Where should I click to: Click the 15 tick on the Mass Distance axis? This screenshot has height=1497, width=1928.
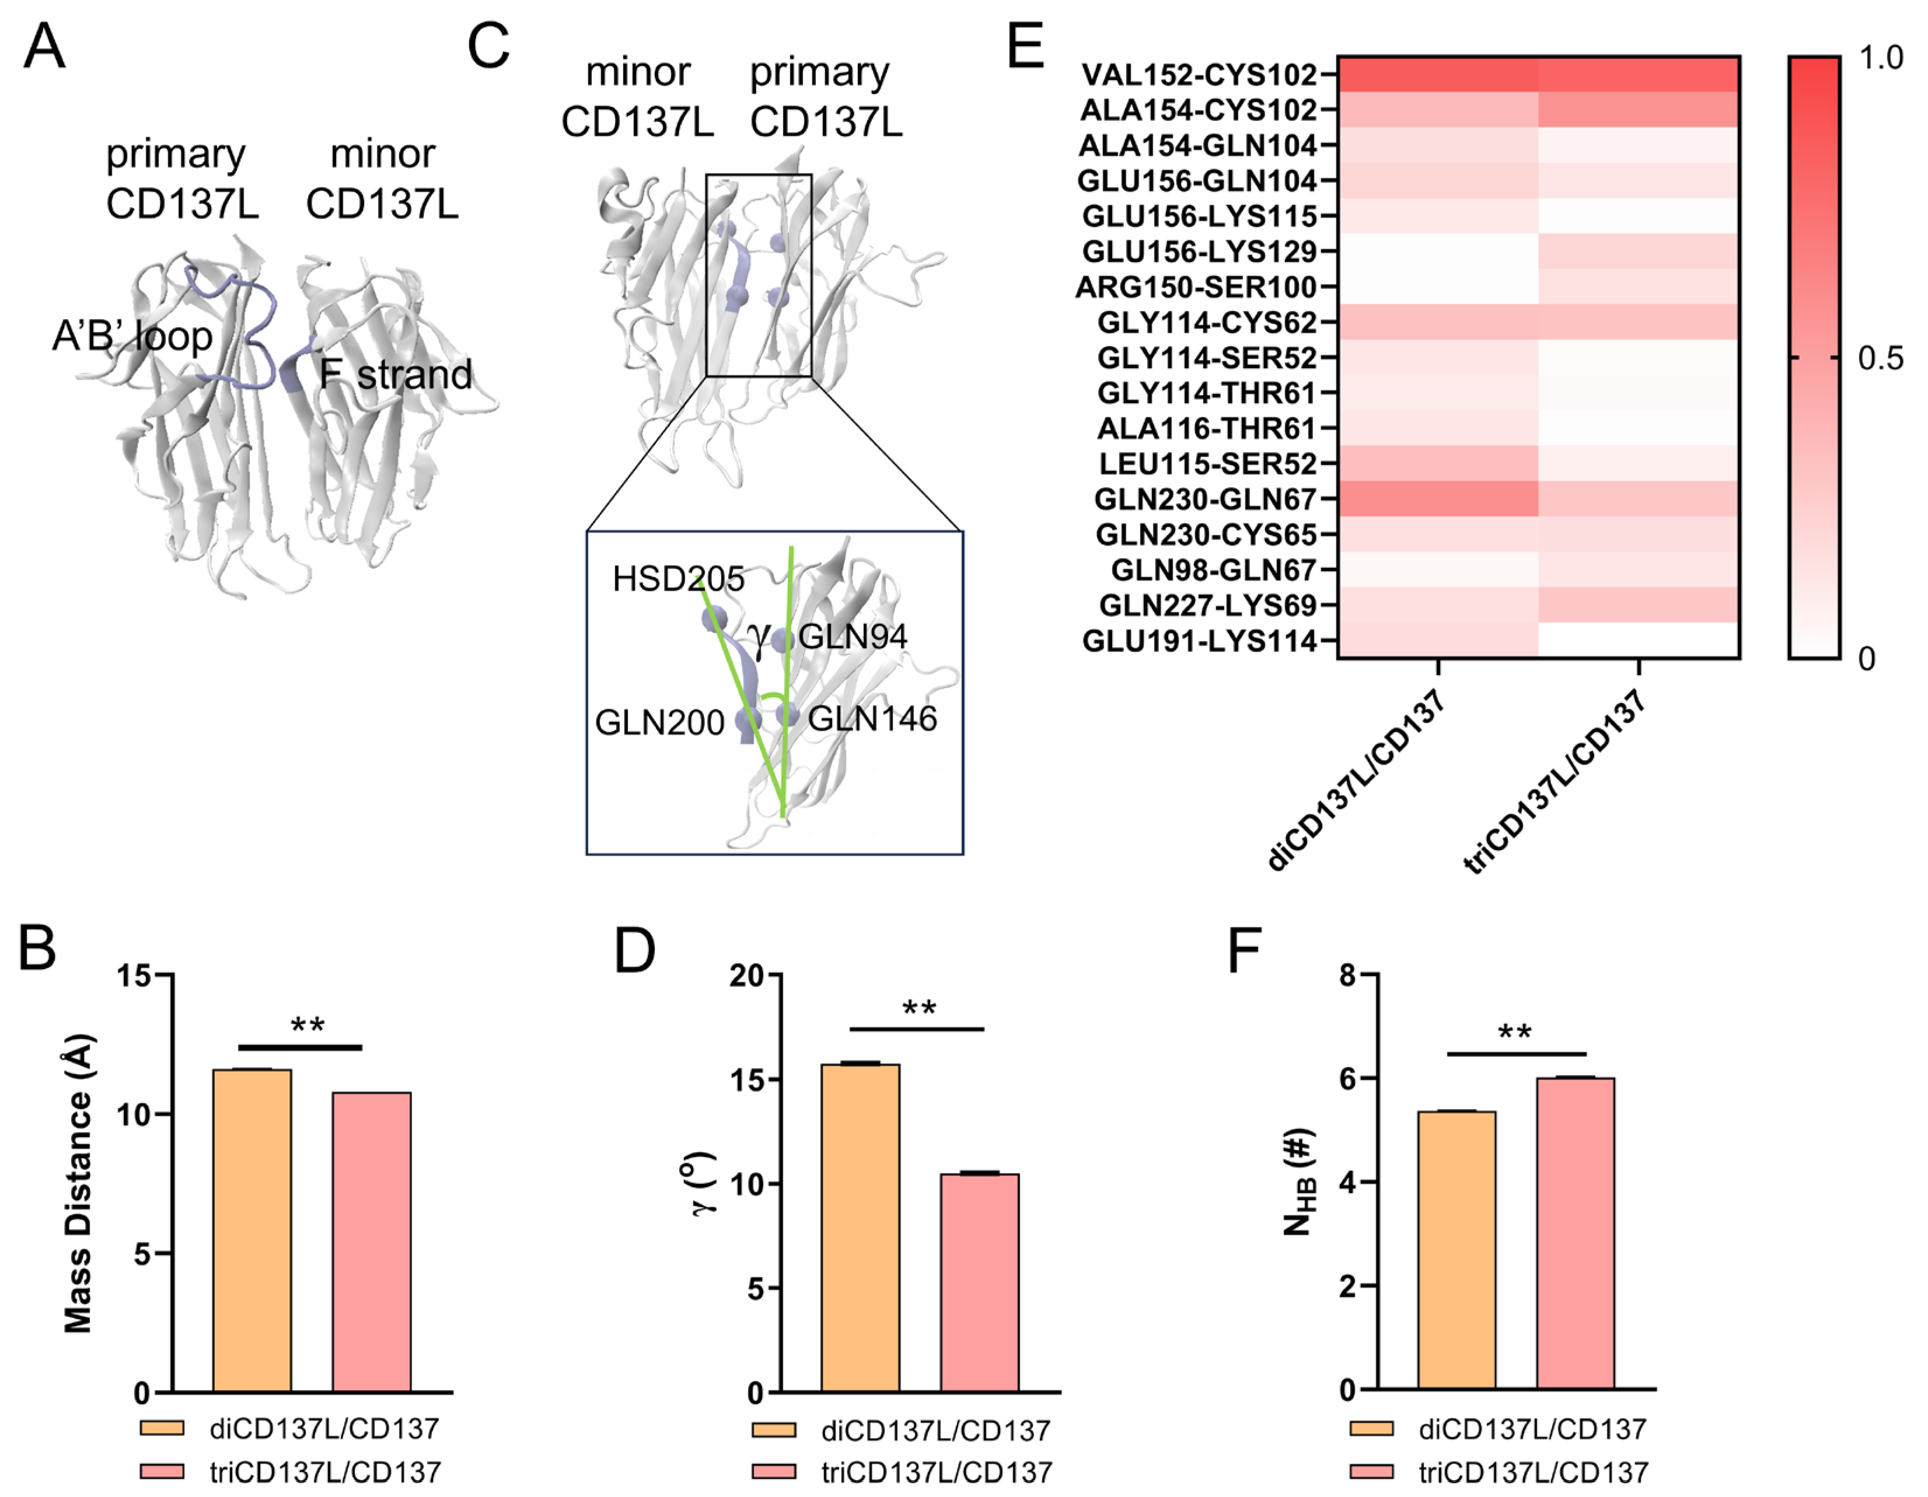pos(136,976)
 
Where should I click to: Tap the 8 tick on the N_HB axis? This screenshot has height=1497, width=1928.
pos(1347,975)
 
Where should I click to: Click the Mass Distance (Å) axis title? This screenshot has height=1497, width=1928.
pos(79,1183)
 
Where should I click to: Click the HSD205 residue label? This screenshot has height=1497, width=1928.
pos(678,579)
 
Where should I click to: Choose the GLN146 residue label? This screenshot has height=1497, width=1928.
pos(872,719)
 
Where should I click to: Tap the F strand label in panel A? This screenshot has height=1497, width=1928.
pos(396,375)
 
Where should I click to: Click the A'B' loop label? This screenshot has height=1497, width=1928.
pos(132,336)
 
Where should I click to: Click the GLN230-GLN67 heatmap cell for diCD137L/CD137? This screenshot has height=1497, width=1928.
pos(1437,499)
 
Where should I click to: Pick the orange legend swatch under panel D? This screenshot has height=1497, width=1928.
pos(773,1429)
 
